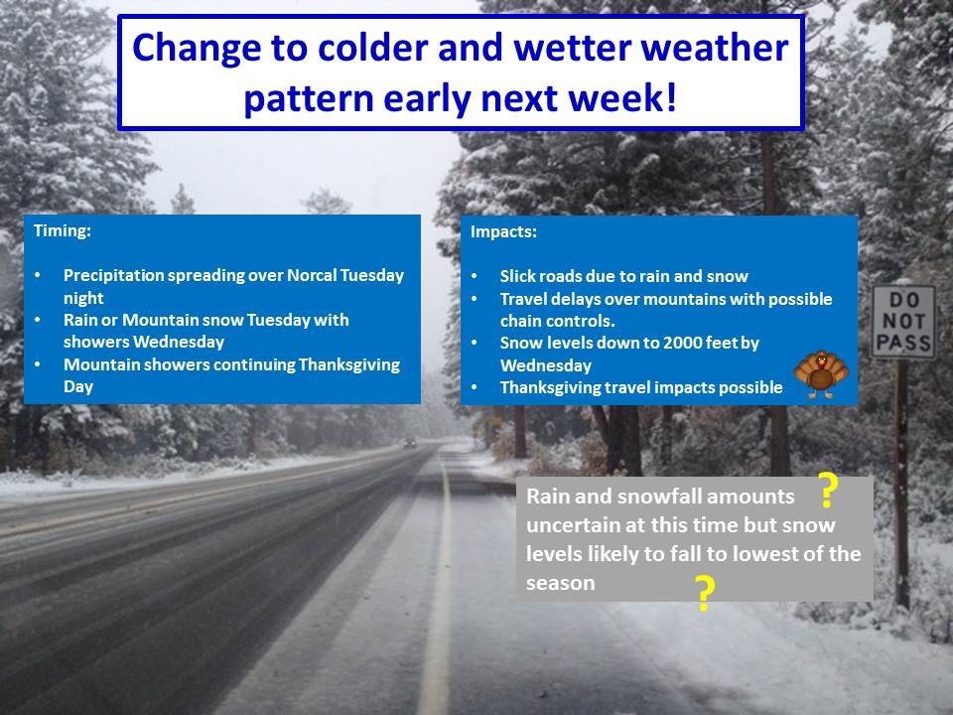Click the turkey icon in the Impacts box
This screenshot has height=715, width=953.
click(821, 374)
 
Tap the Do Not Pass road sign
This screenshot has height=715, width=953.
click(903, 322)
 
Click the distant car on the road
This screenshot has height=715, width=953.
click(410, 444)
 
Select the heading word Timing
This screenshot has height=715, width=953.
click(62, 231)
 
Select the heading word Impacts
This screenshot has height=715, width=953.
click(503, 231)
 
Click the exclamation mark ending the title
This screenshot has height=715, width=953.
click(671, 97)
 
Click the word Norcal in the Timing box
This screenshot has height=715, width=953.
click(311, 275)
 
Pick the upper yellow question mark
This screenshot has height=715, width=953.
click(827, 490)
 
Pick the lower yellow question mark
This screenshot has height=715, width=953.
click(705, 594)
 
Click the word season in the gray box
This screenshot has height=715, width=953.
click(560, 583)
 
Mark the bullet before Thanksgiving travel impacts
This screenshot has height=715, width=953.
click(475, 387)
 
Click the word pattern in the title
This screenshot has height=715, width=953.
click(308, 98)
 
